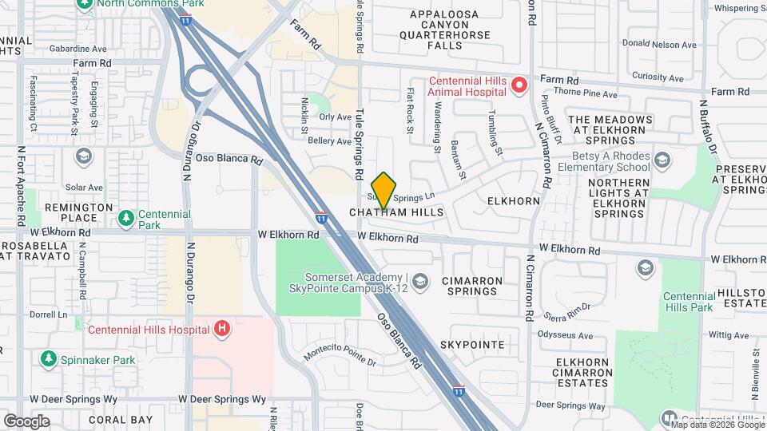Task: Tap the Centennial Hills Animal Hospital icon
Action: coord(519,85)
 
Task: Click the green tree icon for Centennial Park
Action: coord(125,218)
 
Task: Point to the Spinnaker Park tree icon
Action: coord(50,360)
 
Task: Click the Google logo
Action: coord(26,421)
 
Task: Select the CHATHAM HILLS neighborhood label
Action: coord(395,214)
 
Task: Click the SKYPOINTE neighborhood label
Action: coord(471,345)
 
